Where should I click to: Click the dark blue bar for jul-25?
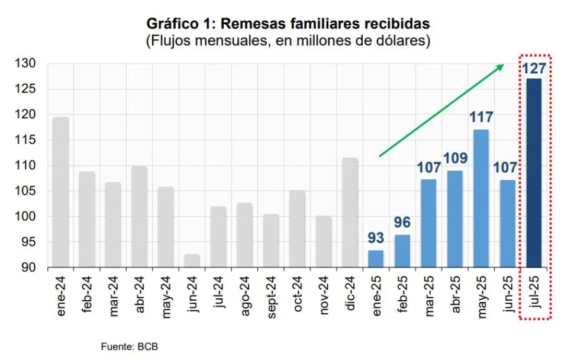click(534, 172)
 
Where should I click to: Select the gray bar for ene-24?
click(61, 192)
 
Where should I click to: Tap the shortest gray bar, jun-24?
click(192, 261)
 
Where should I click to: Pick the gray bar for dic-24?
click(350, 213)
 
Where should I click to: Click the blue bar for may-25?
click(481, 198)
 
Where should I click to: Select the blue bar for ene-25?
click(376, 259)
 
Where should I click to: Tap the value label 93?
click(376, 239)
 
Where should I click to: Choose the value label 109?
click(455, 159)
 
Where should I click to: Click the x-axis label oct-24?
click(298, 295)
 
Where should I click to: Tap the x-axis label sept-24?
click(272, 297)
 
